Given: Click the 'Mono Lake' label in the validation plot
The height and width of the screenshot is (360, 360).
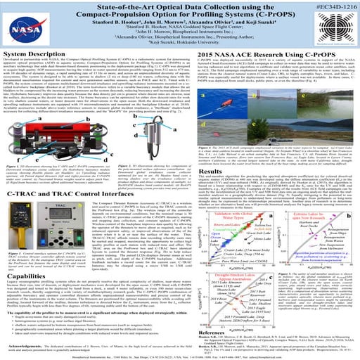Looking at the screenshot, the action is (x=239, y=238).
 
